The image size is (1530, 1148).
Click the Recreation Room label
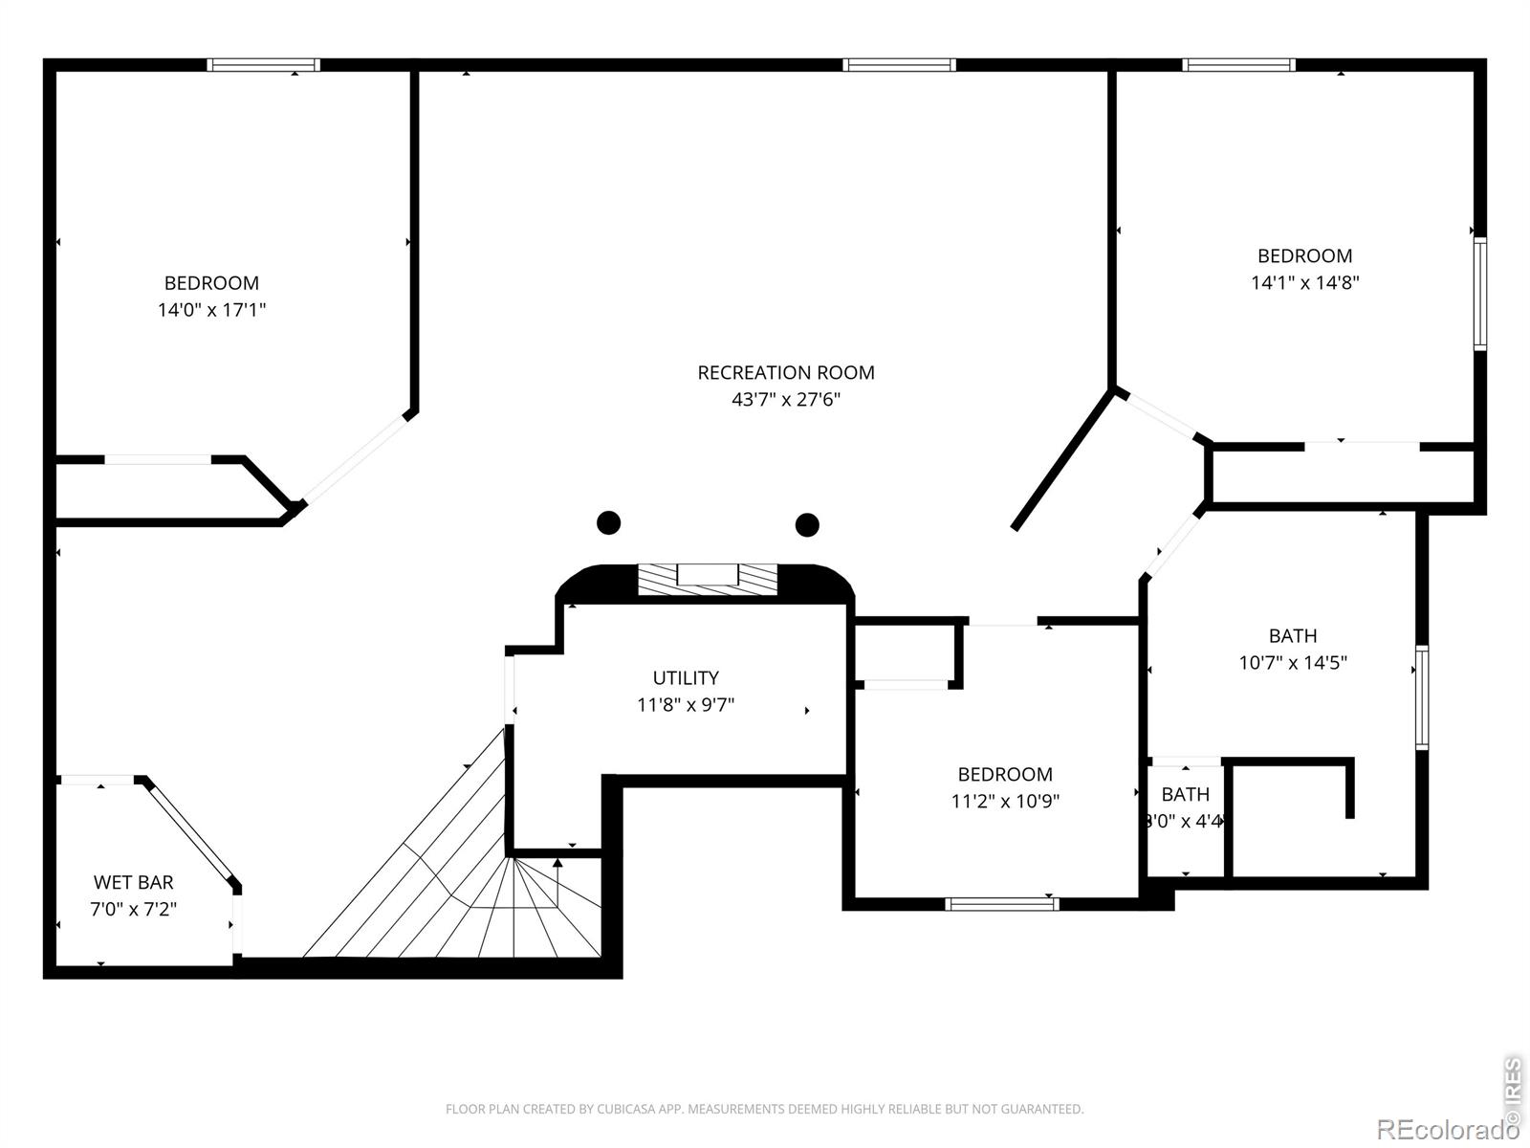pos(786,373)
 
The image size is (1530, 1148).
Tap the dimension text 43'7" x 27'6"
pos(786,399)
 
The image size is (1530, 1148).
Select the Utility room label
pos(686,677)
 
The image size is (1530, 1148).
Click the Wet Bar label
pos(133,882)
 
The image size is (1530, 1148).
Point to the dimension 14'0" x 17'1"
pos(212,309)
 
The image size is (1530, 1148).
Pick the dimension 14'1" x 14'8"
pos(1305,282)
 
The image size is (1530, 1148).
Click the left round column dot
pos(608,522)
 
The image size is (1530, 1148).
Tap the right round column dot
pos(807,525)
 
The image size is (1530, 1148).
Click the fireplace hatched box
pos(708,579)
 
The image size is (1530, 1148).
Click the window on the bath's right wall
pos(1422,697)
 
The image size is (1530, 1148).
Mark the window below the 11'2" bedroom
pos(1002,904)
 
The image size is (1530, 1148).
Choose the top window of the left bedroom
pos(264,65)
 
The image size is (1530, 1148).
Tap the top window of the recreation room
pos(899,65)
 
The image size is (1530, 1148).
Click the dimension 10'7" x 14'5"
pos(1293,662)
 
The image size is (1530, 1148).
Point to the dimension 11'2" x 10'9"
pos(1005,801)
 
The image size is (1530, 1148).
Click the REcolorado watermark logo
pos(1447,1129)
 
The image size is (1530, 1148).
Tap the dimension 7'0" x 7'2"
pos(133,909)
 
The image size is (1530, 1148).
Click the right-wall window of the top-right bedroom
pos(1480,294)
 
